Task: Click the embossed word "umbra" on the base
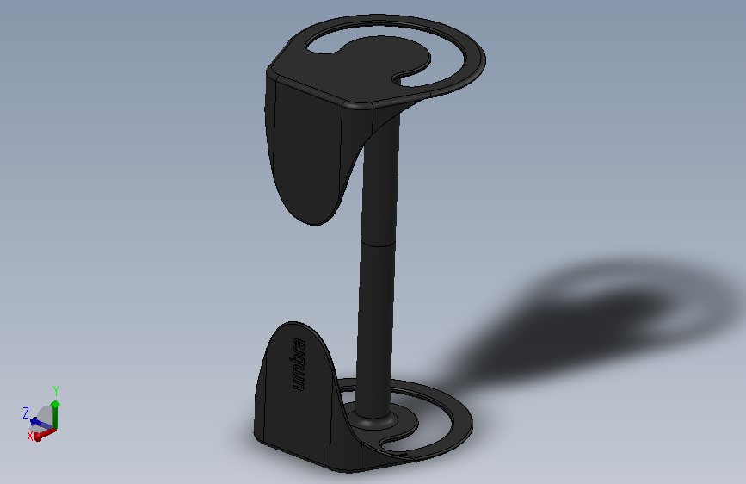(x=299, y=364)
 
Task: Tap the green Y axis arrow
(x=56, y=414)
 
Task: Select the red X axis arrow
(x=44, y=434)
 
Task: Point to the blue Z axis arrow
(x=41, y=424)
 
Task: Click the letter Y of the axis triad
(x=56, y=391)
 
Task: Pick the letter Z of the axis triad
(x=26, y=413)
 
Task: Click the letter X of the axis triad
(x=30, y=436)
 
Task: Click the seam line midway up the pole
(x=379, y=244)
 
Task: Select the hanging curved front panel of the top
(x=307, y=152)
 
